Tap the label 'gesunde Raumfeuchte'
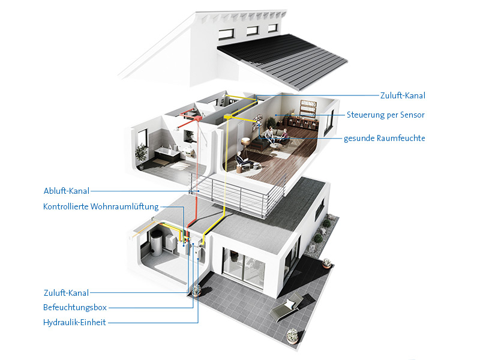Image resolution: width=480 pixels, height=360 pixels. pyautogui.click(x=384, y=138)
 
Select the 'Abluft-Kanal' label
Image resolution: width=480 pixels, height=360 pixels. pyautogui.click(x=66, y=191)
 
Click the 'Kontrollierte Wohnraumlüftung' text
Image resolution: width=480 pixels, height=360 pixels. pyautogui.click(x=101, y=207)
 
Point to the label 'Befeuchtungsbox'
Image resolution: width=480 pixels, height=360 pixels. pyautogui.click(x=75, y=307)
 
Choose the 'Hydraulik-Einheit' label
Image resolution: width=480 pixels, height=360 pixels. pyautogui.click(x=74, y=322)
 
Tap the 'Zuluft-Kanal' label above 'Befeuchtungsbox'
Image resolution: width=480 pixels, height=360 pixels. pyautogui.click(x=66, y=293)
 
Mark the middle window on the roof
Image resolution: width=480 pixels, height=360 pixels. pyautogui.click(x=252, y=31)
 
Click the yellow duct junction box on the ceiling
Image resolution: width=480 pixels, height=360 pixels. pyautogui.click(x=228, y=116)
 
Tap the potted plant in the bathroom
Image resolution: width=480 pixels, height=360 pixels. pyautogui.click(x=142, y=152)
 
